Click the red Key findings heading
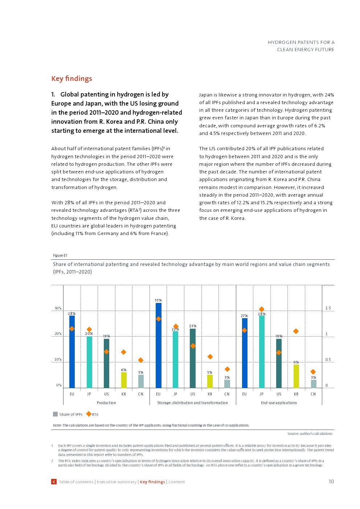coord(71,79)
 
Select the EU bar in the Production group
coord(72,352)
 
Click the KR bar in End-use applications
coord(296,376)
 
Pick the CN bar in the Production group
coord(141,381)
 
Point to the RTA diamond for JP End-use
coord(262,309)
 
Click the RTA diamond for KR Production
coord(123,352)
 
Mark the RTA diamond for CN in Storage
coord(227,369)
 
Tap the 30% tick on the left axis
coord(58,308)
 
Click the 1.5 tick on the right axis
coord(328,308)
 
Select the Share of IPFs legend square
coord(55,414)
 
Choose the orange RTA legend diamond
coord(89,414)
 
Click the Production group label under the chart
coord(106,403)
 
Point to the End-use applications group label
coord(279,403)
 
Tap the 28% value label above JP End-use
coord(262,314)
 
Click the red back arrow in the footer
coord(54,482)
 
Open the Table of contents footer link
coord(76,482)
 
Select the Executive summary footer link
coord(117,482)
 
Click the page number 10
coord(331,481)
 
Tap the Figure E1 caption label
coord(60,255)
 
